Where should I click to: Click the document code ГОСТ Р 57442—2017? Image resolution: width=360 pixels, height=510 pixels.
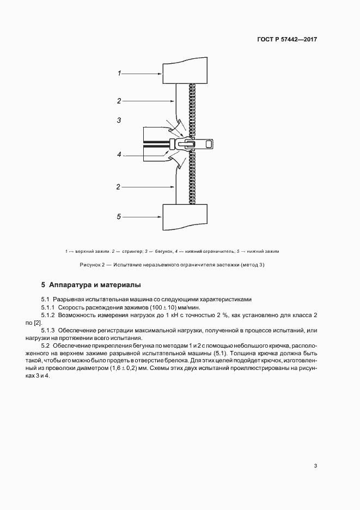[x=287, y=40]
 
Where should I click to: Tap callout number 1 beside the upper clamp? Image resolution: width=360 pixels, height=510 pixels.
[x=119, y=72]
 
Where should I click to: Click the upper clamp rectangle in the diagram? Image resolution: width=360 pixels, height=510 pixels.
[x=186, y=71]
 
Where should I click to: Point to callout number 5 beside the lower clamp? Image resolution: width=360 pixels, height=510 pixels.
[x=119, y=217]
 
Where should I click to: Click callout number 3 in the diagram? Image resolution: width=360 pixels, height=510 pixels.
[x=119, y=120]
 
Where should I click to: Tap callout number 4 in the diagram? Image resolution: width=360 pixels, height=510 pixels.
[x=119, y=155]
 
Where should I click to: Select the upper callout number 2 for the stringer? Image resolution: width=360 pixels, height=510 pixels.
[x=119, y=100]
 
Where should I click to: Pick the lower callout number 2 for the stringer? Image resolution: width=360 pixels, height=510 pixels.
[x=119, y=187]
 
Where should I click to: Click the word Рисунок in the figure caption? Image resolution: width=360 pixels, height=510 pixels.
[x=90, y=265]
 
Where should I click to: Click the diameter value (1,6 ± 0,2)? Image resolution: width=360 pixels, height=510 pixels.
[x=184, y=369]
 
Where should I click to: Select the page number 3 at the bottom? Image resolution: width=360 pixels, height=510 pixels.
[x=315, y=465]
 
